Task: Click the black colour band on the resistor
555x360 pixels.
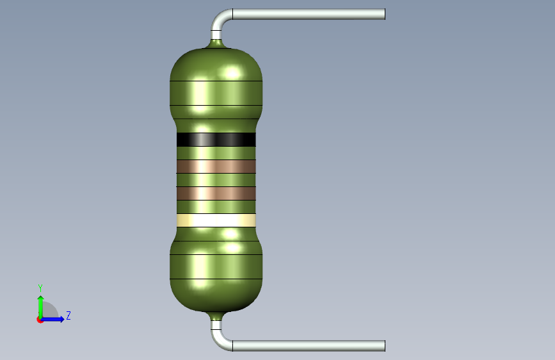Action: click(216, 139)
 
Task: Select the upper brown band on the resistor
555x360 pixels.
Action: click(216, 167)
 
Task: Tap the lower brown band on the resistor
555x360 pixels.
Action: click(216, 193)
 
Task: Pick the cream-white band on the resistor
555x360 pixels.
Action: click(216, 220)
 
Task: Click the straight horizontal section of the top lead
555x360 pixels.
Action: click(309, 14)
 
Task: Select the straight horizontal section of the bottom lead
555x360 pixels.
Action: click(309, 346)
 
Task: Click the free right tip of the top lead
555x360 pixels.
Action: click(385, 14)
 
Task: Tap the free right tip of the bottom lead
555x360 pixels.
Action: click(385, 346)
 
